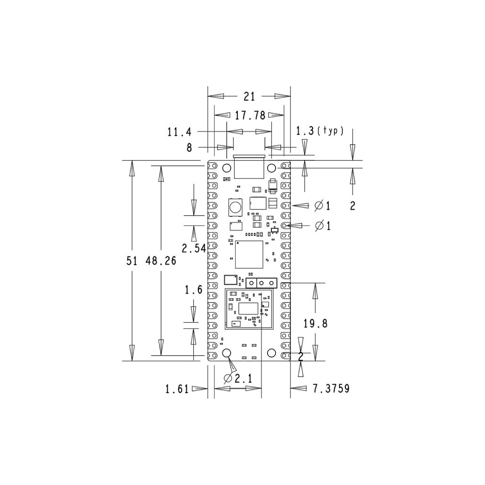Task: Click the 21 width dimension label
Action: coord(249,97)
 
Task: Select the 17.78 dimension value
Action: coord(250,115)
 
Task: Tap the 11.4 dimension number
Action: coord(179,132)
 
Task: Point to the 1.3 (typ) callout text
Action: coord(320,131)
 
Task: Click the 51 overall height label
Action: coord(133,260)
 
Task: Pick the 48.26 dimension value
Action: coord(161,260)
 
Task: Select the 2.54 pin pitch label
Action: coord(194,248)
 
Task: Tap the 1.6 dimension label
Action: coord(193,289)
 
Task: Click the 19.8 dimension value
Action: coord(315,324)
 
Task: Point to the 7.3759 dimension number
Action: coord(331,389)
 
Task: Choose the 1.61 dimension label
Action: coord(177,389)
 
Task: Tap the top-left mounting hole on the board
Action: coord(227,168)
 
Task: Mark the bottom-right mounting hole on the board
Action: coord(271,353)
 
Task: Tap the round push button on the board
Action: coord(235,207)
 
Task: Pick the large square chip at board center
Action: coord(249,255)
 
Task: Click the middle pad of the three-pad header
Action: coord(261,283)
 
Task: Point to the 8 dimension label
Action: coord(189,148)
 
